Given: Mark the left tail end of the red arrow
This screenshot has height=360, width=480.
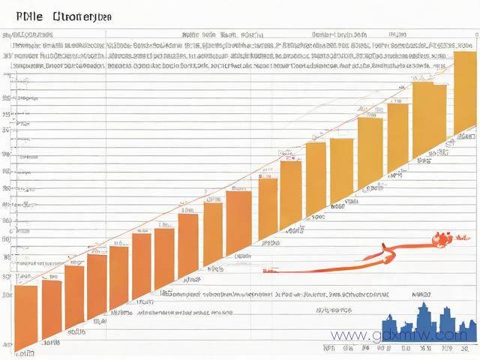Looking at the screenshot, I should click(267, 268).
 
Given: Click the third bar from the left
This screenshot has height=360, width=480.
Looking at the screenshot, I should click(74, 297).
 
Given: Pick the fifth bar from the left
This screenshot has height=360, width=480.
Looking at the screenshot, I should click(118, 277).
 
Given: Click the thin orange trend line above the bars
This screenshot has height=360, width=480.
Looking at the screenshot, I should click(225, 179).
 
